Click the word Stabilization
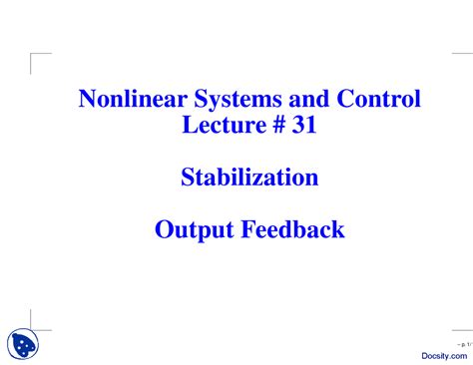249,179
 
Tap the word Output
192,230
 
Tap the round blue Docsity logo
24,345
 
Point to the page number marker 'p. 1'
462,341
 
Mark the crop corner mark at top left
36,59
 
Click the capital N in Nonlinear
87,100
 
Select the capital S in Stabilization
188,179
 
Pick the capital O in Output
164,230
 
